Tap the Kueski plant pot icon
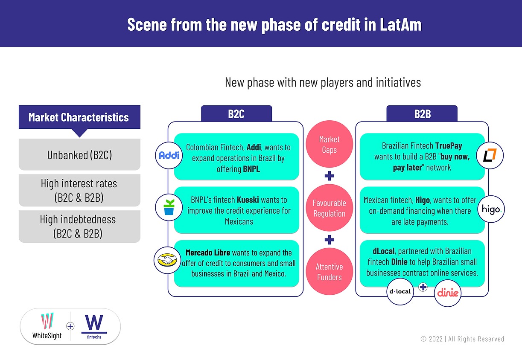pos(169,207)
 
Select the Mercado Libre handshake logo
pos(167,259)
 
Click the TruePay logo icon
pos(490,155)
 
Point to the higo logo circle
pos(491,209)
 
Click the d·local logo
pos(400,292)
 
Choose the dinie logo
pos(448,293)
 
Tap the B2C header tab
pos(236,114)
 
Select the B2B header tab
pos(422,114)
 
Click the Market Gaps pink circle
pos(329,145)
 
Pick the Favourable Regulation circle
pos(329,208)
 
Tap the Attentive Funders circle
pos(329,272)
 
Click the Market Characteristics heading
pos(79,117)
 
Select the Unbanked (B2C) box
pos(79,154)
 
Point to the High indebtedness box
pos(79,226)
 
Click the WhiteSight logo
pos(47,326)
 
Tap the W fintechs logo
pos(94,326)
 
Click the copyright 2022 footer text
pos(462,339)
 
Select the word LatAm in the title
pos(400,24)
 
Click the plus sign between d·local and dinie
pos(423,287)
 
